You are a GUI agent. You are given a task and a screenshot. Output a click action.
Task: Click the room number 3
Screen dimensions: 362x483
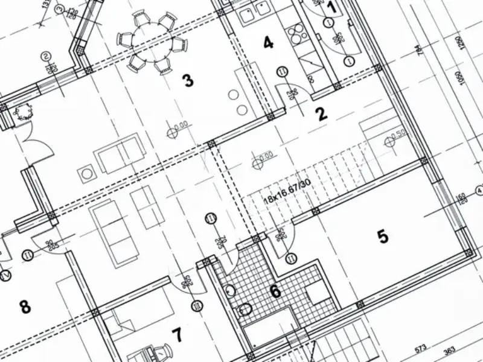(x=188, y=80)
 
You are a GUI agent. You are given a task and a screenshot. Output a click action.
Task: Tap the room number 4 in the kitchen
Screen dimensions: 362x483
(x=268, y=42)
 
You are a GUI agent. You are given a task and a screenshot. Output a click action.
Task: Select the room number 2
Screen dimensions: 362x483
(x=321, y=113)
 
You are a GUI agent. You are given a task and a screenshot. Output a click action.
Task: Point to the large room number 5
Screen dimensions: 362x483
(x=383, y=237)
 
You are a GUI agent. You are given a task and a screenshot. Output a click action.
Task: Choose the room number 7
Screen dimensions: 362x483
(x=176, y=334)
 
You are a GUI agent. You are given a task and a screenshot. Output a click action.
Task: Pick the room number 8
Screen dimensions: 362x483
(x=25, y=306)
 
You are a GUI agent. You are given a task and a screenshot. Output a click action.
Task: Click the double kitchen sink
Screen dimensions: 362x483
(x=253, y=13)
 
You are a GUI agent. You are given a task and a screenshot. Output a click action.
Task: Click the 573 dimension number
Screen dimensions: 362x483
(x=421, y=349)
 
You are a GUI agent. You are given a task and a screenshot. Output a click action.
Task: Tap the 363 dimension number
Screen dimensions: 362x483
(x=449, y=350)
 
